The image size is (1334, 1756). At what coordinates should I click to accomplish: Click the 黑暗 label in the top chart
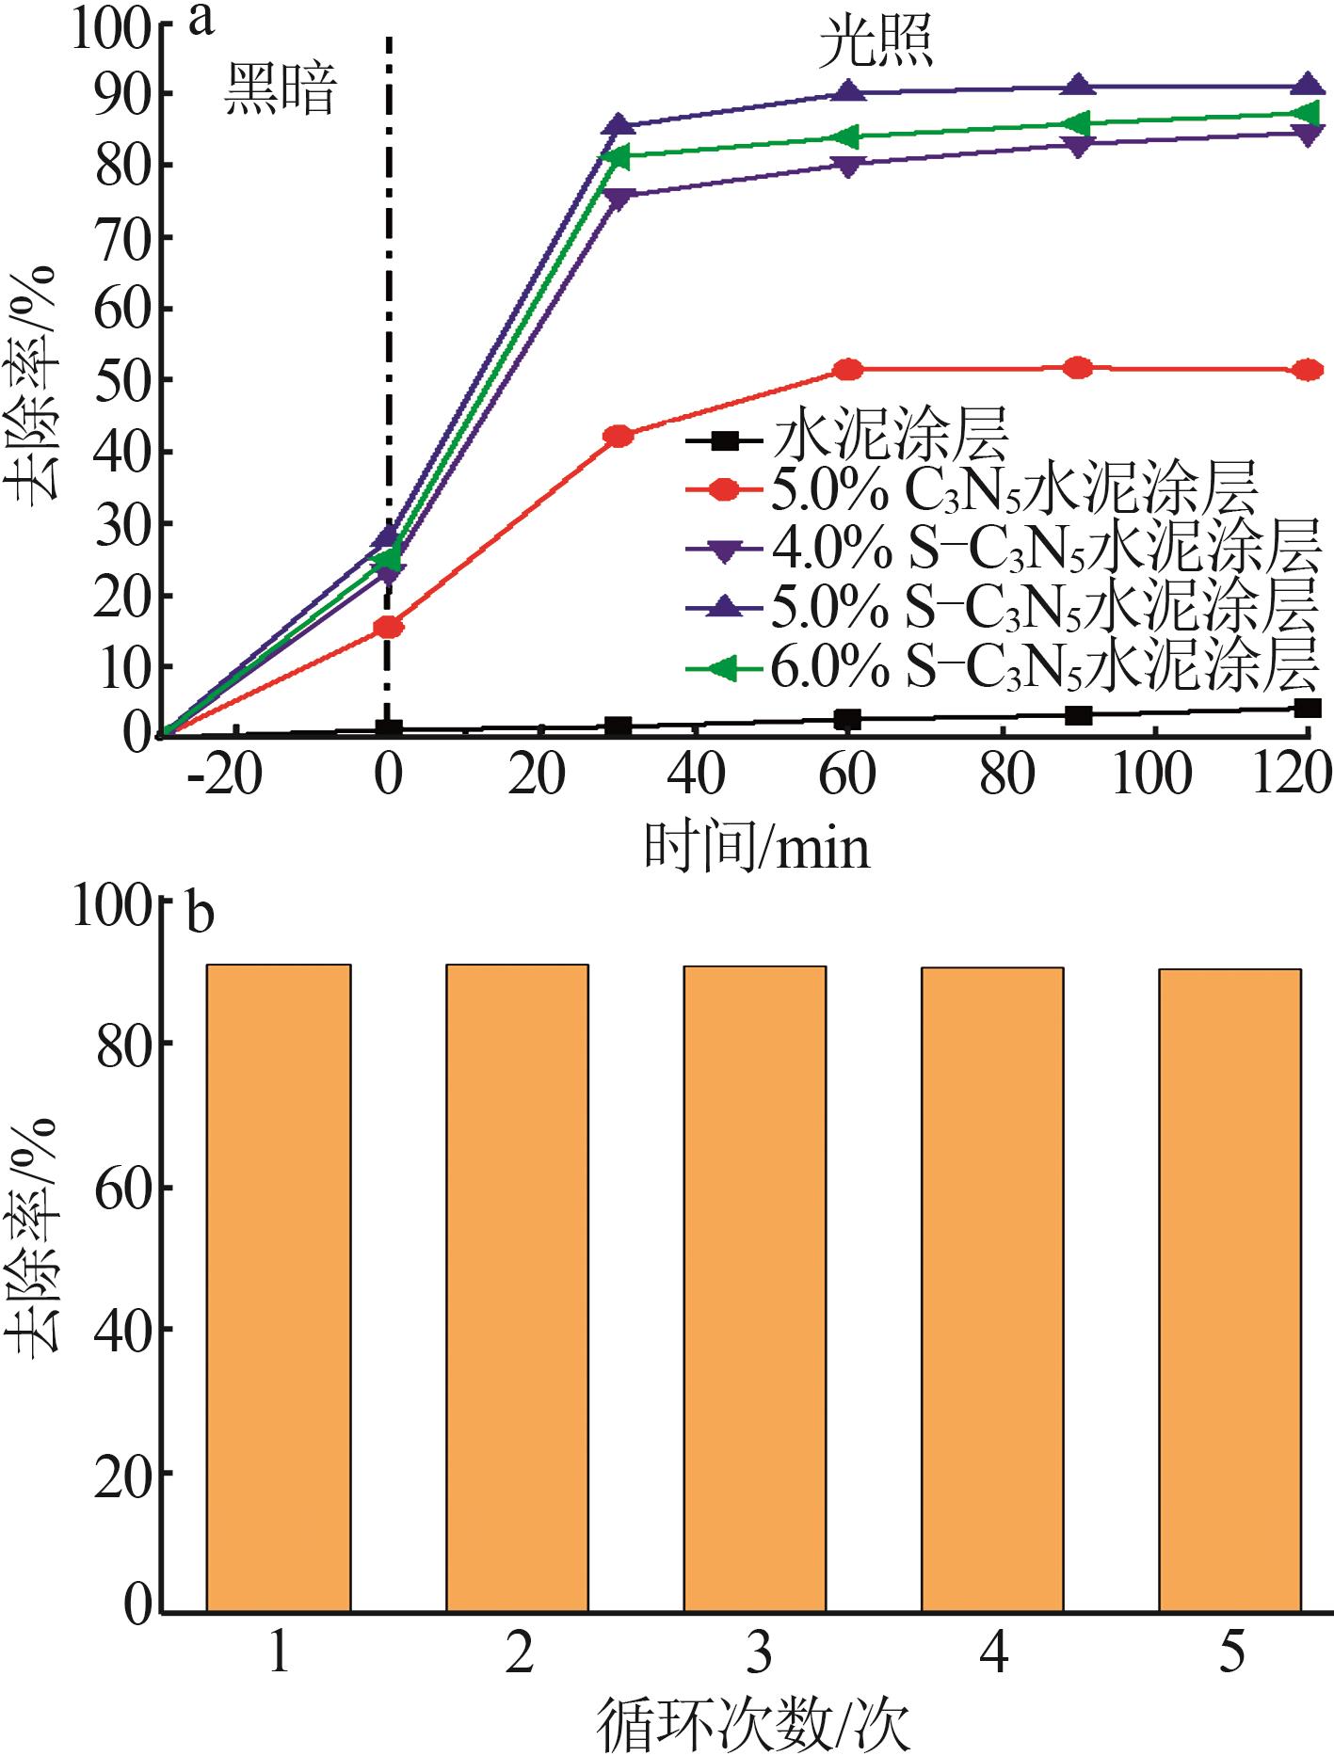click(280, 93)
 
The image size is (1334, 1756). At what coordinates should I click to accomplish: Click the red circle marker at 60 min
click(848, 370)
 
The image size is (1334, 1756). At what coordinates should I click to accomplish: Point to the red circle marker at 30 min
click(619, 435)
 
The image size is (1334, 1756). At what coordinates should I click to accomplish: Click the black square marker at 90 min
click(1079, 715)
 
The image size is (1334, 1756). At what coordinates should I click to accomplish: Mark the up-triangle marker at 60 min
click(848, 91)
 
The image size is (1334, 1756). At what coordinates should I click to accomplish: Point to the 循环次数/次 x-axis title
click(755, 1725)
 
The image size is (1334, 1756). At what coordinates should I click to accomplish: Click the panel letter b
click(201, 916)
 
